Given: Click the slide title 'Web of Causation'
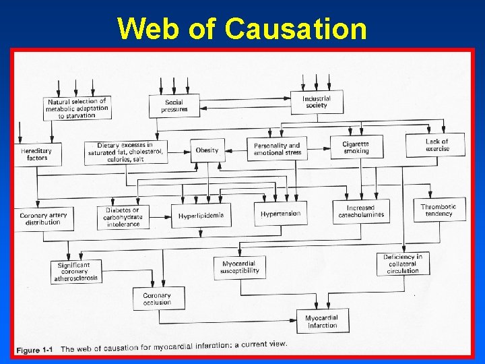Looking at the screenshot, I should (243, 29).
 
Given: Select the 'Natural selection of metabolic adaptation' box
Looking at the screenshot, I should (77, 108).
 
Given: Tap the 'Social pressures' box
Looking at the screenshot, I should (174, 105).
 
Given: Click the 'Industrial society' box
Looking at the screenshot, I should (316, 102).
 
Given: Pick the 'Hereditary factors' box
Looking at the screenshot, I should (37, 154).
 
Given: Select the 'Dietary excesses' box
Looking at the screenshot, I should (125, 152).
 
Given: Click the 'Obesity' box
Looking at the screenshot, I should (207, 150).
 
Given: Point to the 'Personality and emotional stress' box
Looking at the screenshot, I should (277, 149).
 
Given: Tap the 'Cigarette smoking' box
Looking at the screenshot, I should (356, 147).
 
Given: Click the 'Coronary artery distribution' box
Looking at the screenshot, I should (43, 218).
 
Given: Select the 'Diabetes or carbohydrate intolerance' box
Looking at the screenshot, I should (123, 217).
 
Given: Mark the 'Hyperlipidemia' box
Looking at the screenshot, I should (201, 216).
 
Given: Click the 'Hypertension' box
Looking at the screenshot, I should (280, 214).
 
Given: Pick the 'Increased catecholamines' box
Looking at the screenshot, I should (360, 212).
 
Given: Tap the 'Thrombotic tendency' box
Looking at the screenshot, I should (439, 210).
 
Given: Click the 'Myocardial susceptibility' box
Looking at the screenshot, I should (239, 267).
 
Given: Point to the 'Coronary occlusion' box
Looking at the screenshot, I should (157, 299).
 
